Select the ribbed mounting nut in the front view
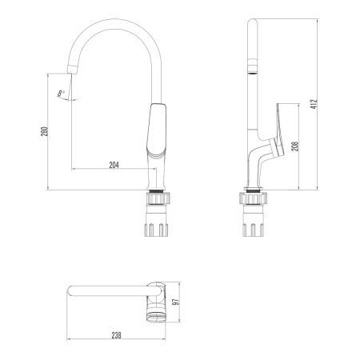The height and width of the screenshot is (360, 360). pyautogui.click(x=157, y=199)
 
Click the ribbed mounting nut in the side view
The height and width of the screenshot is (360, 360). pyautogui.click(x=253, y=199)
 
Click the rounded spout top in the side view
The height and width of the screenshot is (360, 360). pyautogui.click(x=252, y=24)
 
